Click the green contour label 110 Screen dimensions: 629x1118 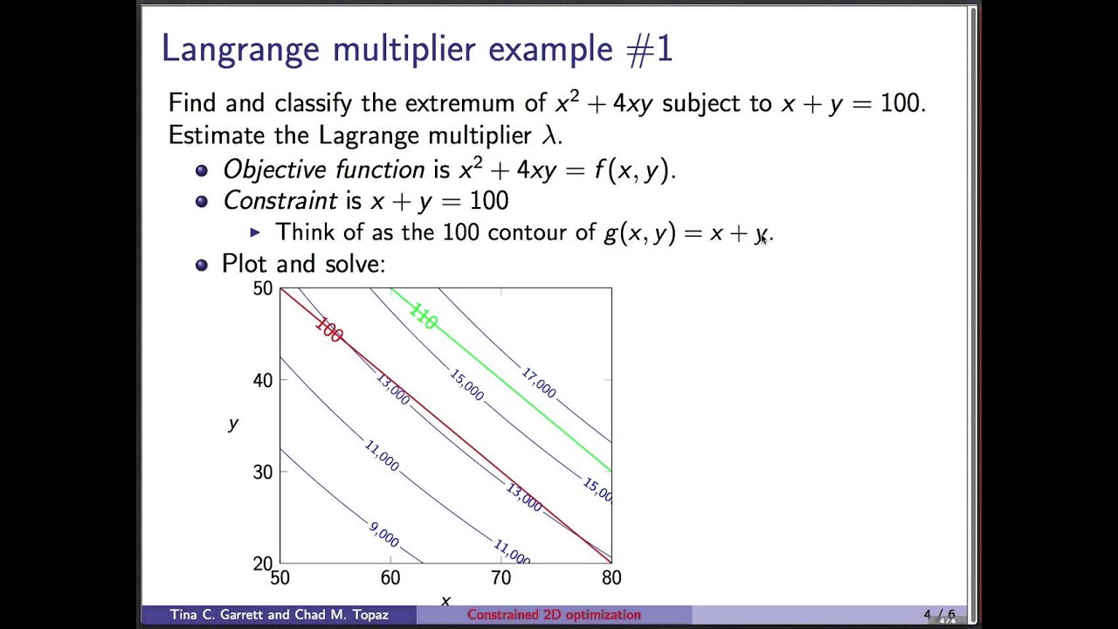[423, 316]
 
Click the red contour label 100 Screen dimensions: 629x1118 [328, 330]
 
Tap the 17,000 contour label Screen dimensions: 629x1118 [539, 383]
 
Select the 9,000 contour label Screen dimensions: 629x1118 [384, 535]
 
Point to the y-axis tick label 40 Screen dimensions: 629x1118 [262, 380]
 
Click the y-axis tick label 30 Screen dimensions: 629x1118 [262, 472]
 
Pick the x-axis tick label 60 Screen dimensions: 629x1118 [390, 577]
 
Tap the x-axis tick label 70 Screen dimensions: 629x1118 [500, 577]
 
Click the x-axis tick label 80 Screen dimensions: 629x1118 [611, 577]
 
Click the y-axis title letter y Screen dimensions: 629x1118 [233, 424]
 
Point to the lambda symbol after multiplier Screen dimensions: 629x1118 [549, 135]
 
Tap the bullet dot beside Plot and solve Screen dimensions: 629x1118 [202, 264]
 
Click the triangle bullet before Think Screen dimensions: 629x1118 [255, 232]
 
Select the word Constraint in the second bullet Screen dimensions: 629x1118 [279, 201]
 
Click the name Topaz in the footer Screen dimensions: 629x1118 [369, 615]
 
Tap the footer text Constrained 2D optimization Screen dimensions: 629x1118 [554, 615]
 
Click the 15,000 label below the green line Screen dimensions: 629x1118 [466, 384]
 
